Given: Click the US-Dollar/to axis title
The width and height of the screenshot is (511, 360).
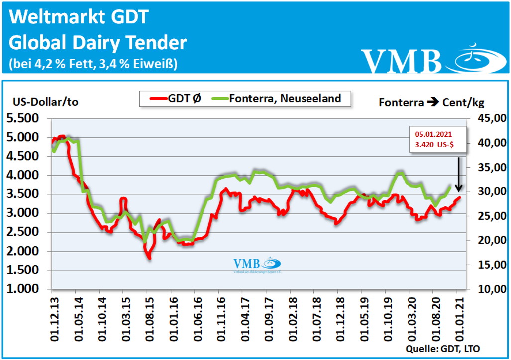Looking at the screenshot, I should (x=45, y=102).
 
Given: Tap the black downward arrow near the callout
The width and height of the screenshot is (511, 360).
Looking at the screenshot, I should (x=458, y=175).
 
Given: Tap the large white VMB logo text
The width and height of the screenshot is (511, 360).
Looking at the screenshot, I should (x=401, y=61).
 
